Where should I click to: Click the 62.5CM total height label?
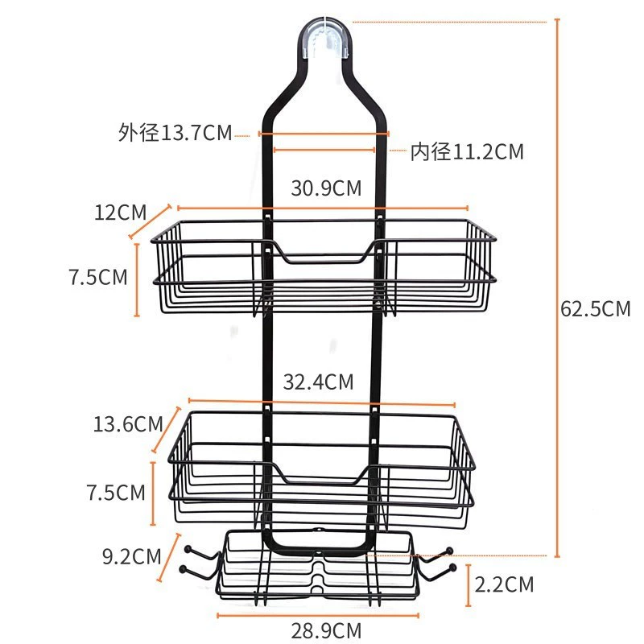[595, 308]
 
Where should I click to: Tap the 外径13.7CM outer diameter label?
[175, 133]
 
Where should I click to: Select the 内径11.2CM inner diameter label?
[468, 151]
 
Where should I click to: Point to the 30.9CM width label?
[326, 188]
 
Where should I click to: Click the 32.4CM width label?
[318, 382]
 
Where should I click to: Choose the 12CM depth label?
[120, 213]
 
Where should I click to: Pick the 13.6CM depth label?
[128, 424]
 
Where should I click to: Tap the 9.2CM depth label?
[131, 556]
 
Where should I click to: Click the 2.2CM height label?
[504, 584]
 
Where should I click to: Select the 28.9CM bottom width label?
[326, 630]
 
